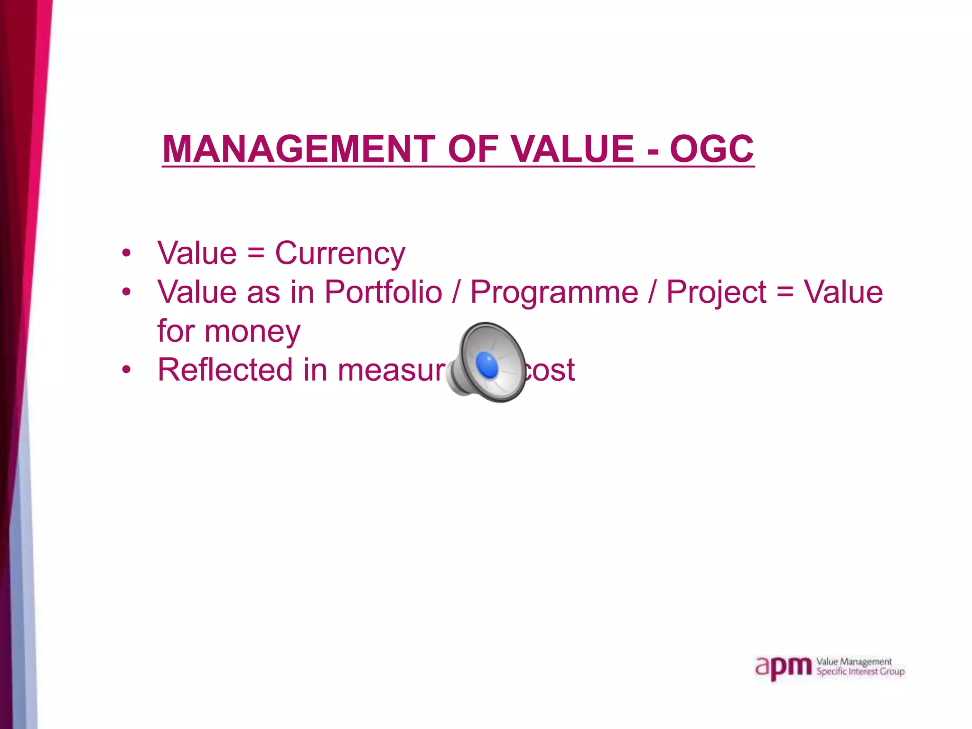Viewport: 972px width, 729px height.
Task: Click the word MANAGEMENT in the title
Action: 299,149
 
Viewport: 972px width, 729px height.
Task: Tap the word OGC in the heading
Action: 711,149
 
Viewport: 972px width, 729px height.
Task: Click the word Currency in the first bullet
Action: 340,253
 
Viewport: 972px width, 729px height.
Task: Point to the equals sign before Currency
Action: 256,253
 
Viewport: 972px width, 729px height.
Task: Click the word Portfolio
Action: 383,292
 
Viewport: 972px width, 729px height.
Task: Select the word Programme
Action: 554,293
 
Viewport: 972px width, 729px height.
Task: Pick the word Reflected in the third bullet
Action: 225,370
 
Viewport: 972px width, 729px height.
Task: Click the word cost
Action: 551,370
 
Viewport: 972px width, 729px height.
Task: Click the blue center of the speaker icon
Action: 487,365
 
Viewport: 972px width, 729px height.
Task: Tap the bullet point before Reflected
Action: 126,370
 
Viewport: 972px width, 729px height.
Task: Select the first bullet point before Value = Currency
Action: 126,253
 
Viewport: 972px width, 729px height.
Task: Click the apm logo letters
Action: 783,668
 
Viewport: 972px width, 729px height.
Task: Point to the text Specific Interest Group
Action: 860,672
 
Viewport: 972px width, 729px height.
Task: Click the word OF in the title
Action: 473,149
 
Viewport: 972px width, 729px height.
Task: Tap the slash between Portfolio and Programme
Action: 456,292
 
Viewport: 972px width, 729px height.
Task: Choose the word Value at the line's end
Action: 843,292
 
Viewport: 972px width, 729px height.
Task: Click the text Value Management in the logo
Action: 854,662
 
